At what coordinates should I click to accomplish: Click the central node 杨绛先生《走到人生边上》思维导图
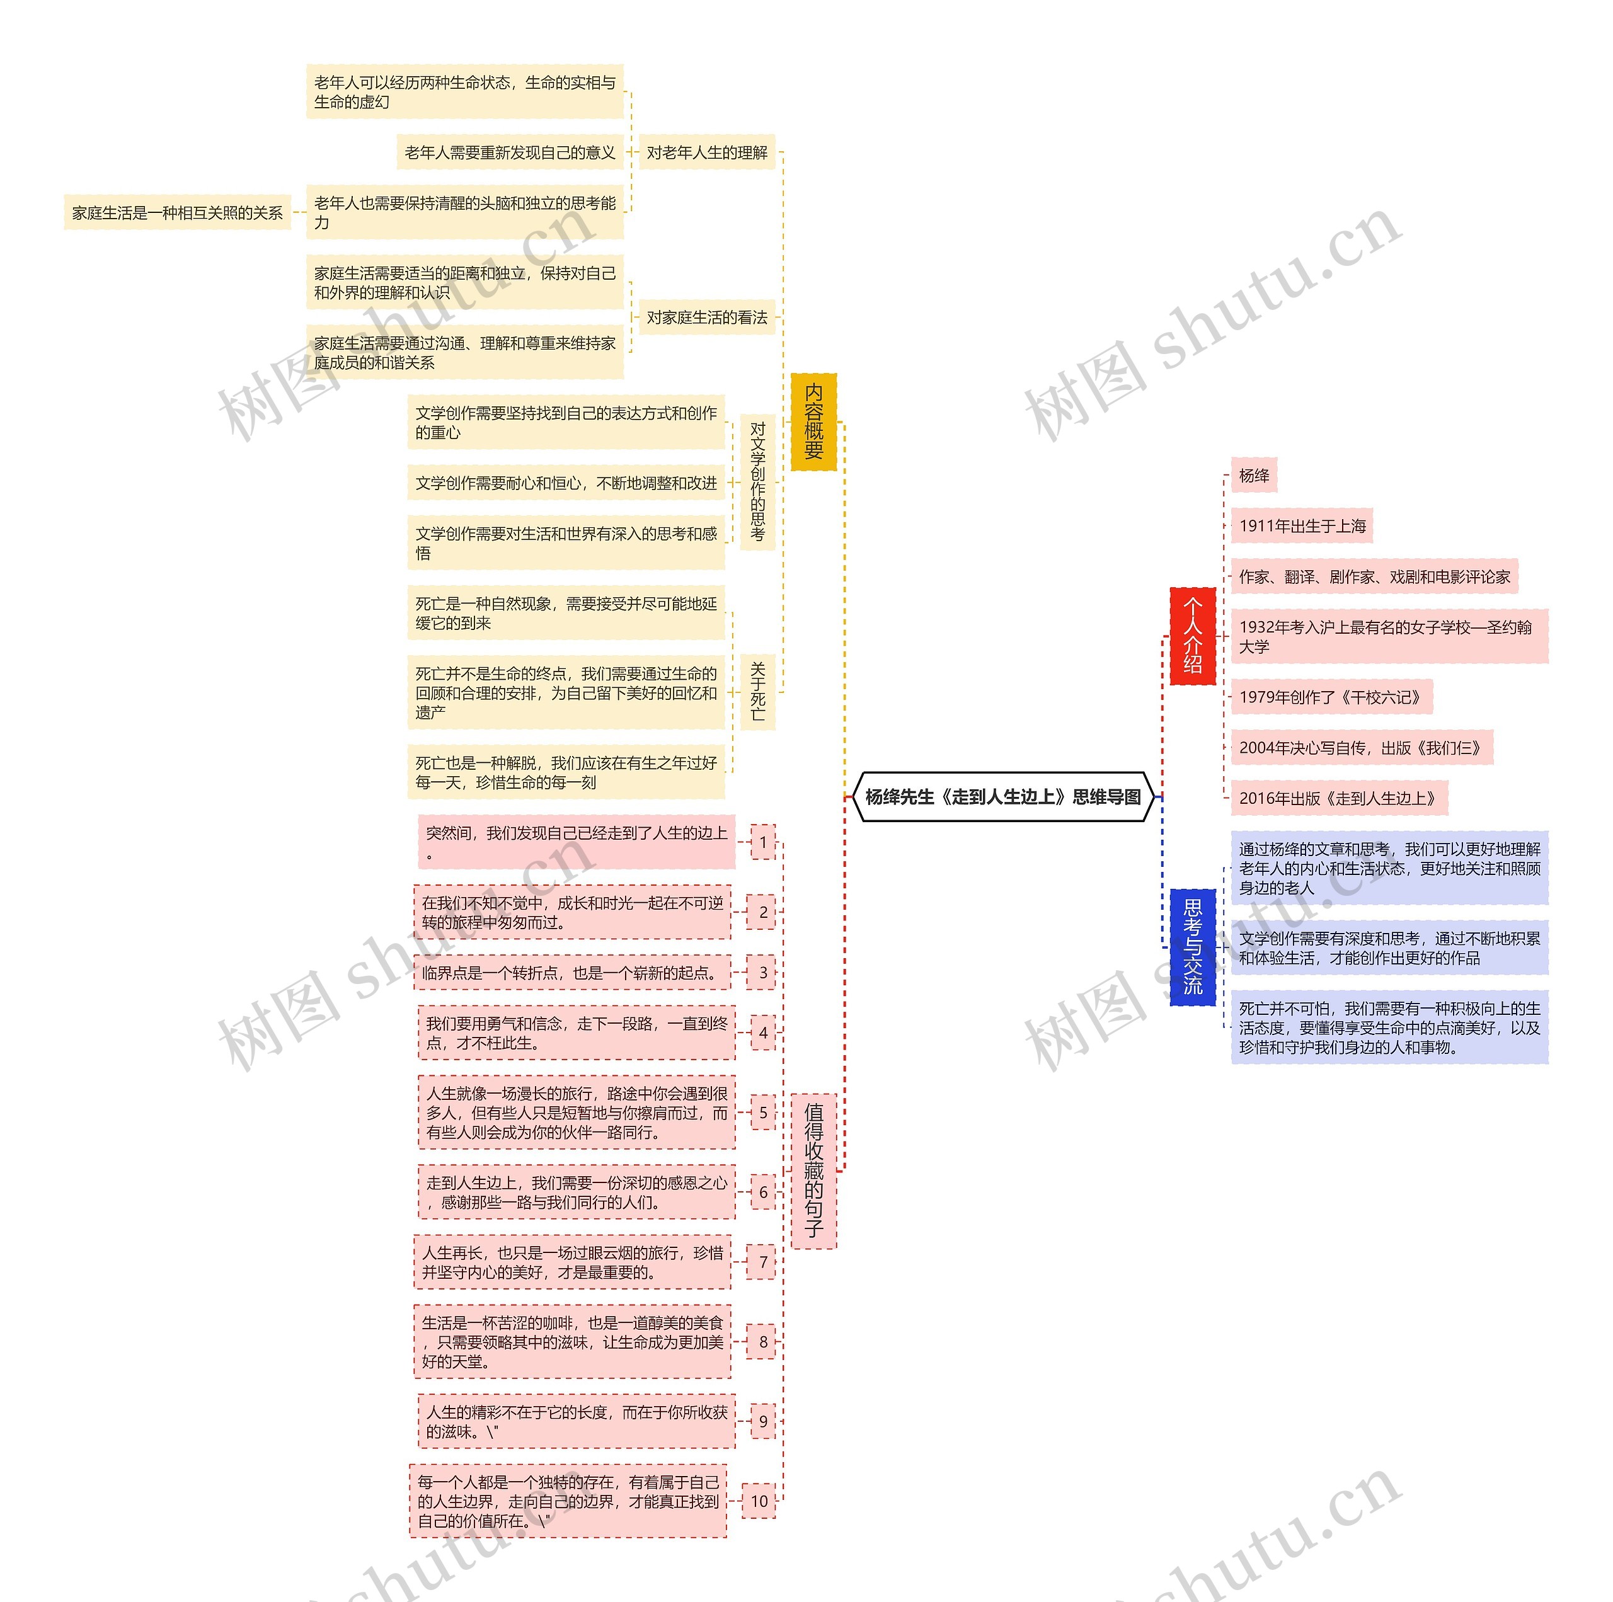(1002, 798)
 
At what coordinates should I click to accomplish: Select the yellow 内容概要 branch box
(813, 421)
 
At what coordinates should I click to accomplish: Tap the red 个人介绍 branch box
(1192, 636)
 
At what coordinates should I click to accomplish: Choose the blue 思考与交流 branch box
(1192, 947)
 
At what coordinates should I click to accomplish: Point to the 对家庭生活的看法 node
(706, 318)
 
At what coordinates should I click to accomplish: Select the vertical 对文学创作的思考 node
(757, 483)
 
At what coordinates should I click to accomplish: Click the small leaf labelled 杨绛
(1254, 476)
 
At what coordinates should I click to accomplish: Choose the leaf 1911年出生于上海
(1302, 526)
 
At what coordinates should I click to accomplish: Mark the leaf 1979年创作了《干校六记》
(1331, 697)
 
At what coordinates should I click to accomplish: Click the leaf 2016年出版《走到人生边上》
(1338, 798)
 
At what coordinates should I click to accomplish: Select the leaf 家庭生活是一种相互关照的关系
(177, 213)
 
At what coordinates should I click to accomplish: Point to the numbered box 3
(762, 973)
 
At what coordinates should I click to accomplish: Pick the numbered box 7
(762, 1262)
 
